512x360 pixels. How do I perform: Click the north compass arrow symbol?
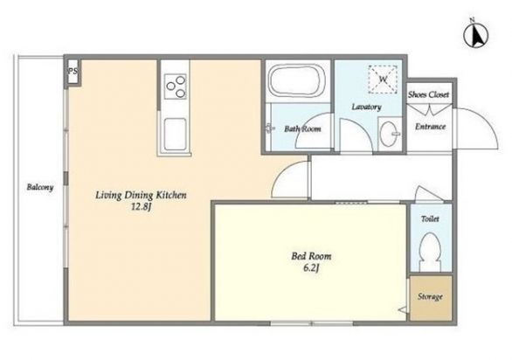click(x=476, y=34)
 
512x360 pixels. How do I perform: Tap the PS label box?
click(x=73, y=72)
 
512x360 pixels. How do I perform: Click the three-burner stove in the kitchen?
click(x=176, y=87)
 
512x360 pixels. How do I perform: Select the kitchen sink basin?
click(x=176, y=135)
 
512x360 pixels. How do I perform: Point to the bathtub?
click(x=296, y=80)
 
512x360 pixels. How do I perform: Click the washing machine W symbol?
click(x=384, y=80)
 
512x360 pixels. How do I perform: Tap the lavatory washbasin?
click(x=390, y=135)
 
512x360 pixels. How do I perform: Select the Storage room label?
click(x=430, y=297)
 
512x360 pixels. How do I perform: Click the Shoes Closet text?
click(x=428, y=94)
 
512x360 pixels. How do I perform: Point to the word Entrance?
click(x=431, y=127)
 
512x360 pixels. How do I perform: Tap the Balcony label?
click(x=40, y=187)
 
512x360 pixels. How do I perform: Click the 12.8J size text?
click(x=141, y=207)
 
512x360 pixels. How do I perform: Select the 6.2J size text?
click(x=311, y=268)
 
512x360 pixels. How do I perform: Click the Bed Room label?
click(x=311, y=256)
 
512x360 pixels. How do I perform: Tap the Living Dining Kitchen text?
click(x=141, y=196)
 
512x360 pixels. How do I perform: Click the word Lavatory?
click(x=366, y=107)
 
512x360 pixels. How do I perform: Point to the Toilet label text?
click(x=430, y=218)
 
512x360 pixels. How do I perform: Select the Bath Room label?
click(x=302, y=129)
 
